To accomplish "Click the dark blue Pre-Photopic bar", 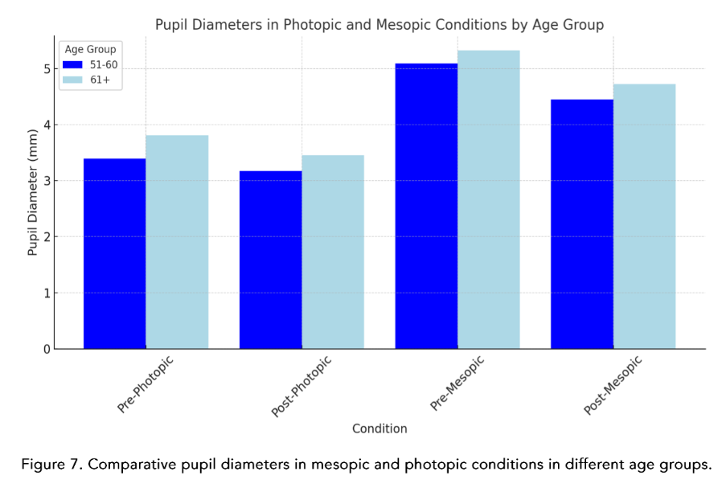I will (x=115, y=253).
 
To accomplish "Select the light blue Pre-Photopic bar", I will (x=177, y=241).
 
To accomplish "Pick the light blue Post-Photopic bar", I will (x=333, y=252).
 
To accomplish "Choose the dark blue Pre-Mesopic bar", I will (x=426, y=206).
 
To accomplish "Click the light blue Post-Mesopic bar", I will (x=644, y=216).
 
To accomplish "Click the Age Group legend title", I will (x=90, y=50).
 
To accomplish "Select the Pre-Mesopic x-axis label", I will (x=456, y=383).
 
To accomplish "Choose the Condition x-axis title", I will (x=379, y=428).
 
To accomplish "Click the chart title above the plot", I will (x=379, y=25).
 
